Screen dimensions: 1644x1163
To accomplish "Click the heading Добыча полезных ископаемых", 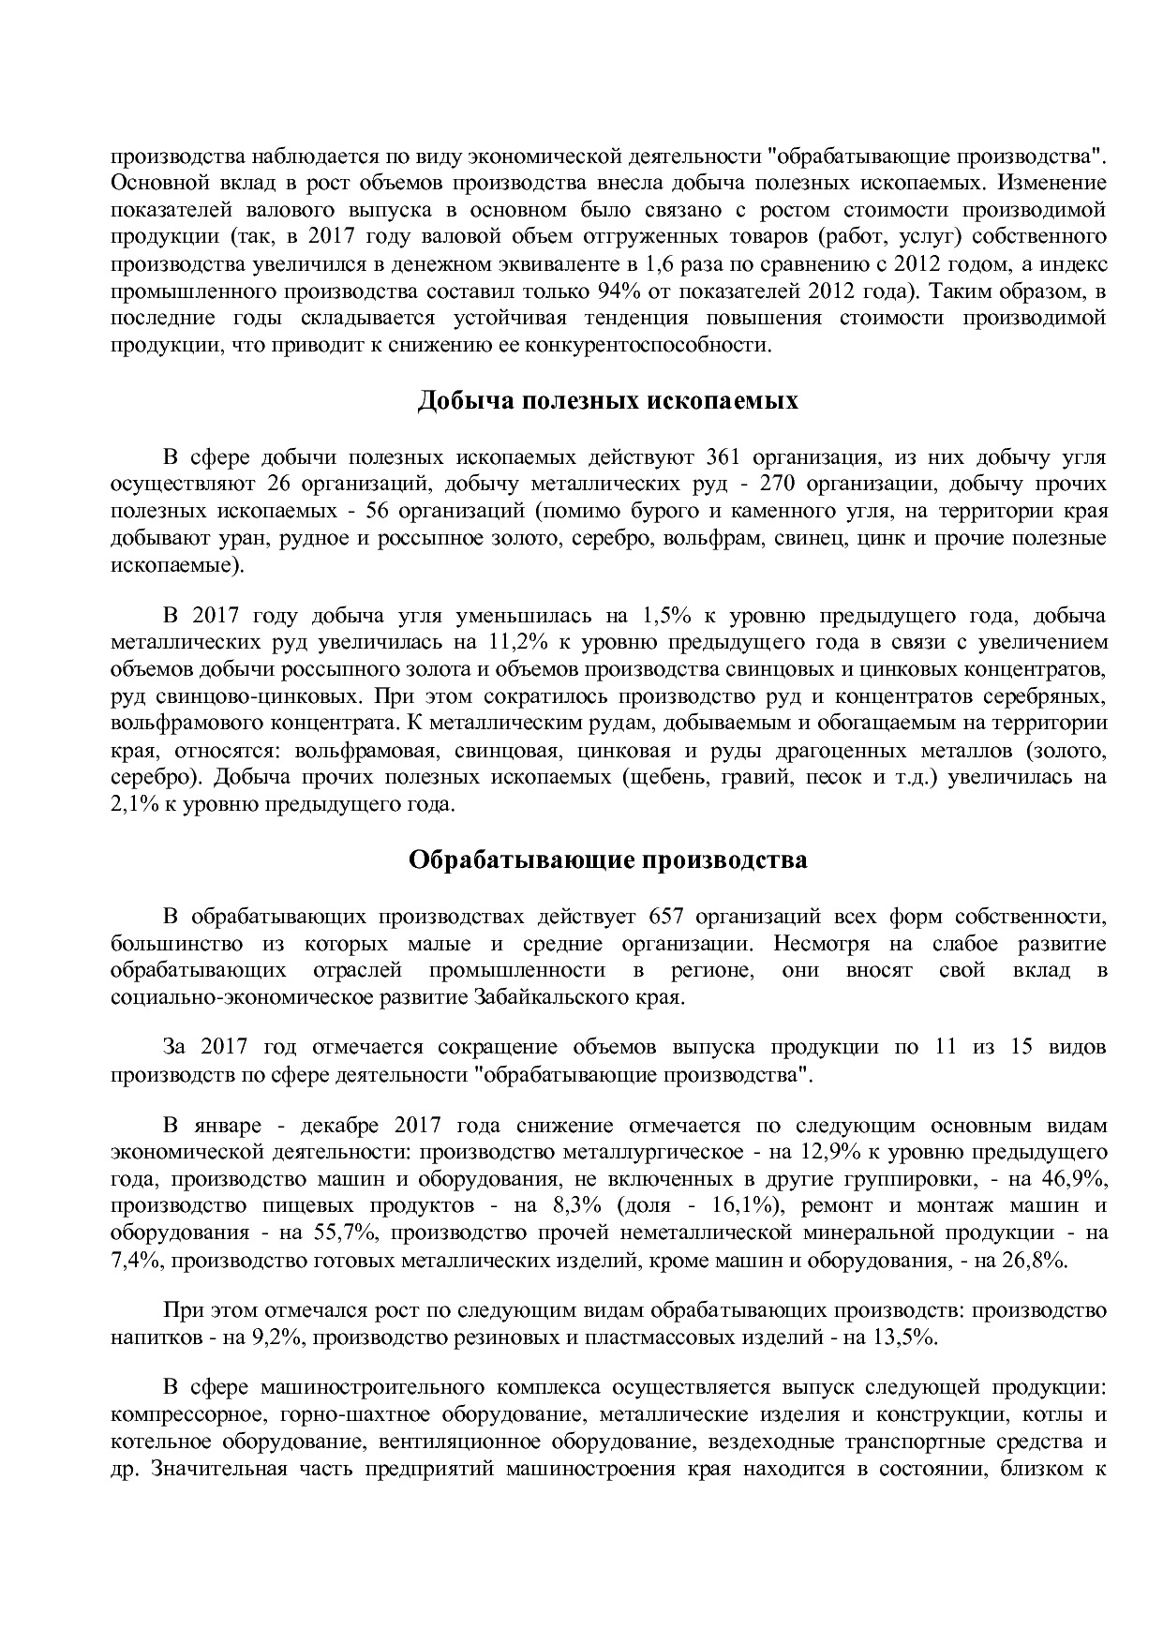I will pos(607,402).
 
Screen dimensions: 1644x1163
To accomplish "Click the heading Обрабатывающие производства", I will pos(607,859).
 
